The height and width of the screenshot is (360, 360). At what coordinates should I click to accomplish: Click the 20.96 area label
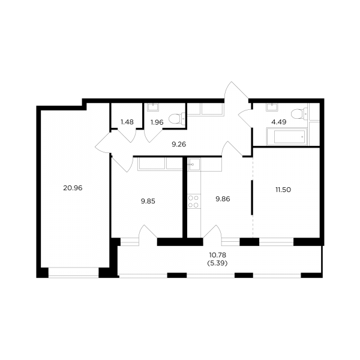[x=73, y=188]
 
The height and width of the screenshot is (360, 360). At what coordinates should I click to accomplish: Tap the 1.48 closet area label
[x=127, y=122]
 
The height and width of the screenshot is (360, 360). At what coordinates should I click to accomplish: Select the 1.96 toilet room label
[x=157, y=122]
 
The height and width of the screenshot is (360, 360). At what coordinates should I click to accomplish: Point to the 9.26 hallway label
[x=179, y=145]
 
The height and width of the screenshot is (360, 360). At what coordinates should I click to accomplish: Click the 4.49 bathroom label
[x=279, y=122]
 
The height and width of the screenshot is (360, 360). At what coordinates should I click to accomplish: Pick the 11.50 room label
[x=283, y=190]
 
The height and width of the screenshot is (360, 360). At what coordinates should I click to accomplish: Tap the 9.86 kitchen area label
[x=223, y=199]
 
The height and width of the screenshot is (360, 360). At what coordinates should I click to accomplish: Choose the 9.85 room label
[x=148, y=202]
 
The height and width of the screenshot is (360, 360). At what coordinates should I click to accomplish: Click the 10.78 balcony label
[x=218, y=255]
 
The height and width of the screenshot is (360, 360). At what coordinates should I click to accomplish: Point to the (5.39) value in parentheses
[x=217, y=263]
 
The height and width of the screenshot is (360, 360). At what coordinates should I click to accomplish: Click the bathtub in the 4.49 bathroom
[x=287, y=137]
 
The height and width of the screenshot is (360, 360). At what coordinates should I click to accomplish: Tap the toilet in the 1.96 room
[x=177, y=119]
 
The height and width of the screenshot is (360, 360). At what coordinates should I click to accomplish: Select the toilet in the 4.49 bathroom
[x=299, y=113]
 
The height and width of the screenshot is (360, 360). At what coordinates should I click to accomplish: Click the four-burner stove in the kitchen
[x=193, y=202]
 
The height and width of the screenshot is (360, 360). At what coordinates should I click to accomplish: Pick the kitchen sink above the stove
[x=194, y=164]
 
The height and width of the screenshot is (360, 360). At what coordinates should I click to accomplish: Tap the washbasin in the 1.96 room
[x=152, y=107]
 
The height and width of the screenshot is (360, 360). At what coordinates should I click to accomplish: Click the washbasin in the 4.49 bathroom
[x=272, y=107]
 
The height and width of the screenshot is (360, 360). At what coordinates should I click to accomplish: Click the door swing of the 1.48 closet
[x=127, y=136]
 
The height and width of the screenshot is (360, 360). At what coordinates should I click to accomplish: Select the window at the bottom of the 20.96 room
[x=73, y=272]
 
